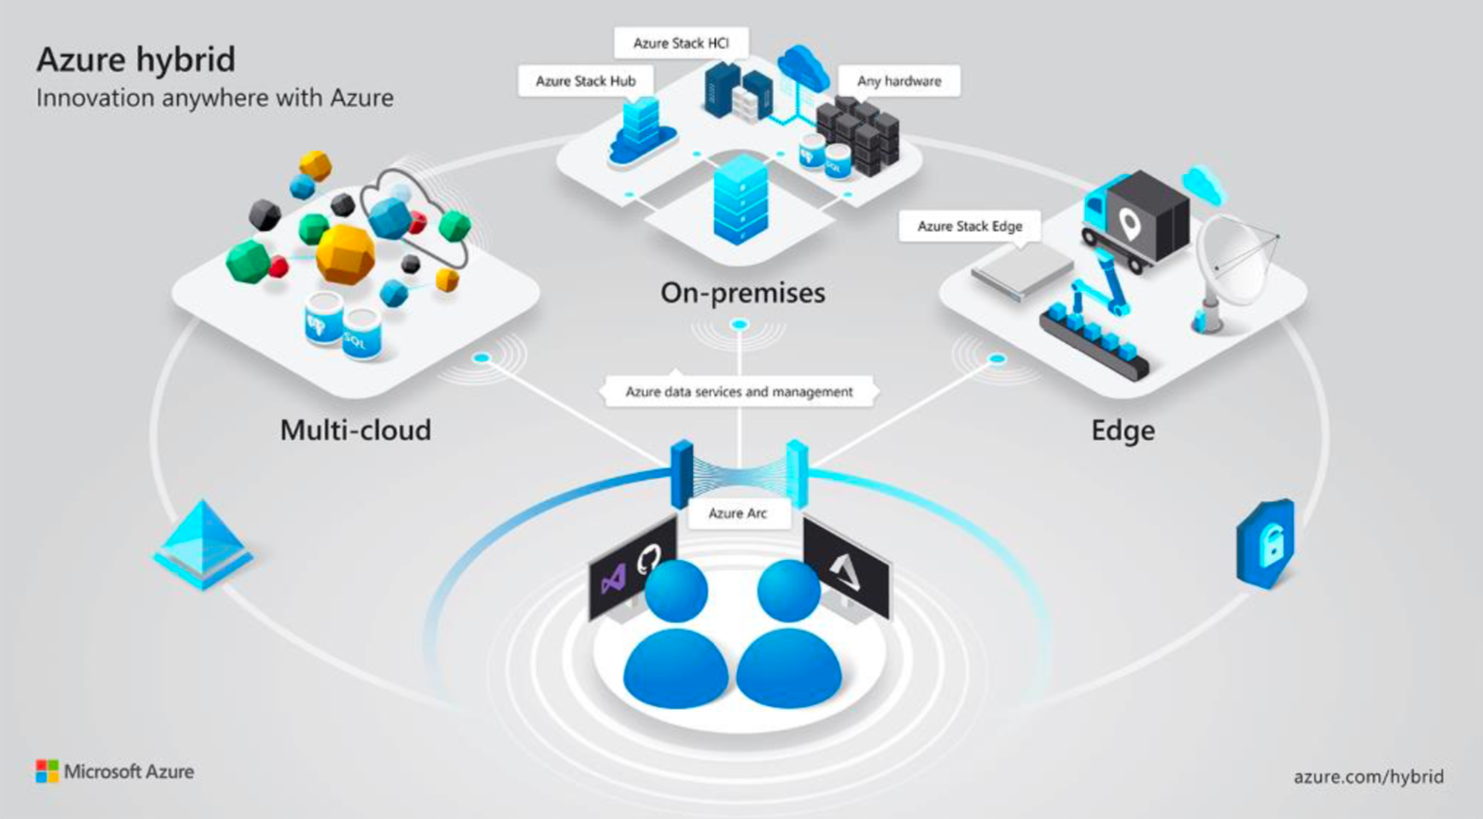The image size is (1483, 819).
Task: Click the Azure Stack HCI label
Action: pos(681,43)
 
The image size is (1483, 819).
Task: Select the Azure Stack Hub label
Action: pos(585,81)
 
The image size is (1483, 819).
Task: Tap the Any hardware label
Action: pos(899,81)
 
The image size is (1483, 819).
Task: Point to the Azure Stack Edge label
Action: pos(969,226)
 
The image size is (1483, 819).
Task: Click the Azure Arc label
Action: pos(738,513)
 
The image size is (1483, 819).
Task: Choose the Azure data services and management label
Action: pos(739,392)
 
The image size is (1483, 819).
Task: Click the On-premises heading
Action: pos(742,293)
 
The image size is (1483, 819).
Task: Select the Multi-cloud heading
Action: pos(355,430)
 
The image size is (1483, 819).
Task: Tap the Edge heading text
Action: pos(1122,430)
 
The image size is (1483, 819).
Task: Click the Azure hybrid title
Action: pos(136,60)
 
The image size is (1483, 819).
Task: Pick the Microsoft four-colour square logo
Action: pos(47,771)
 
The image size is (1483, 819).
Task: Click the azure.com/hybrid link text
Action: pos(1368,776)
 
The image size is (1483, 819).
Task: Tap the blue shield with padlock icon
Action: pos(1267,543)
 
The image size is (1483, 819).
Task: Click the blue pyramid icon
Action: pos(203,544)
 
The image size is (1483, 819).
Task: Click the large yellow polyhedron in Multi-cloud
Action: pos(345,253)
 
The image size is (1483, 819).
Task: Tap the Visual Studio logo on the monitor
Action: pos(612,580)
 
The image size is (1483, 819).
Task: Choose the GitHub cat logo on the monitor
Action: pos(648,558)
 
